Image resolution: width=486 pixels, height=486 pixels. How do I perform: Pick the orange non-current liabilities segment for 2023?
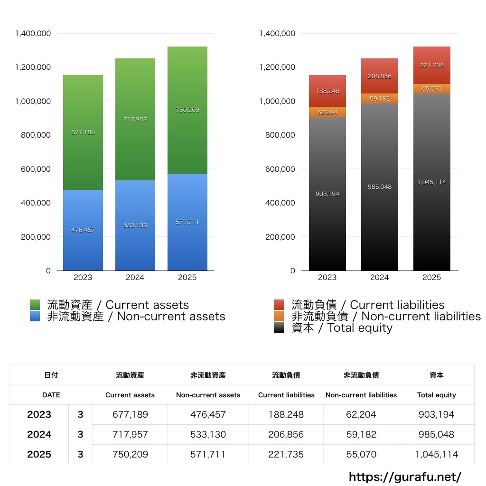pos(327,112)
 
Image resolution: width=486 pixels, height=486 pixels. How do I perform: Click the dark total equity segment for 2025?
pos(431,199)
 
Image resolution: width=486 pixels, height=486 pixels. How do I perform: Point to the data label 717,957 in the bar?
pos(135,120)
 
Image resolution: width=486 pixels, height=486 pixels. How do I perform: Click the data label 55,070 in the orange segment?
pos(431,88)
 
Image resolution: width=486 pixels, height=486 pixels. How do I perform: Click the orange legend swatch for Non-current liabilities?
pos(279,316)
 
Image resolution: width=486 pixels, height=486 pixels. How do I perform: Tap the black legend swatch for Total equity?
pos(279,327)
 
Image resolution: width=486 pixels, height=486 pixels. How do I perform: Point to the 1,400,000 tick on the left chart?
pos(33,33)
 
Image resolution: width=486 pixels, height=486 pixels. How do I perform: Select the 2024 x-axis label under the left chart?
pos(135,278)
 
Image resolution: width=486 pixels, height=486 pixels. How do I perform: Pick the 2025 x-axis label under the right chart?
pos(431,278)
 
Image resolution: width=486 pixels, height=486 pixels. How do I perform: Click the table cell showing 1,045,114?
pos(436,454)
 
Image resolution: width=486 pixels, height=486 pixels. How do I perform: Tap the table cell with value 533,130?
pos(208,434)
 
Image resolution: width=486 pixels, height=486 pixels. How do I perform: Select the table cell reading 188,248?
pos(286,414)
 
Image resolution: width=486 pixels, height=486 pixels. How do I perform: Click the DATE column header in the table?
pos(51,395)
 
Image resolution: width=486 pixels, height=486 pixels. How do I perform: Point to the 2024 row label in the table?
pos(39,434)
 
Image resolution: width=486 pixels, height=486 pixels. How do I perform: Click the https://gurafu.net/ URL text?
pos(405,477)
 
